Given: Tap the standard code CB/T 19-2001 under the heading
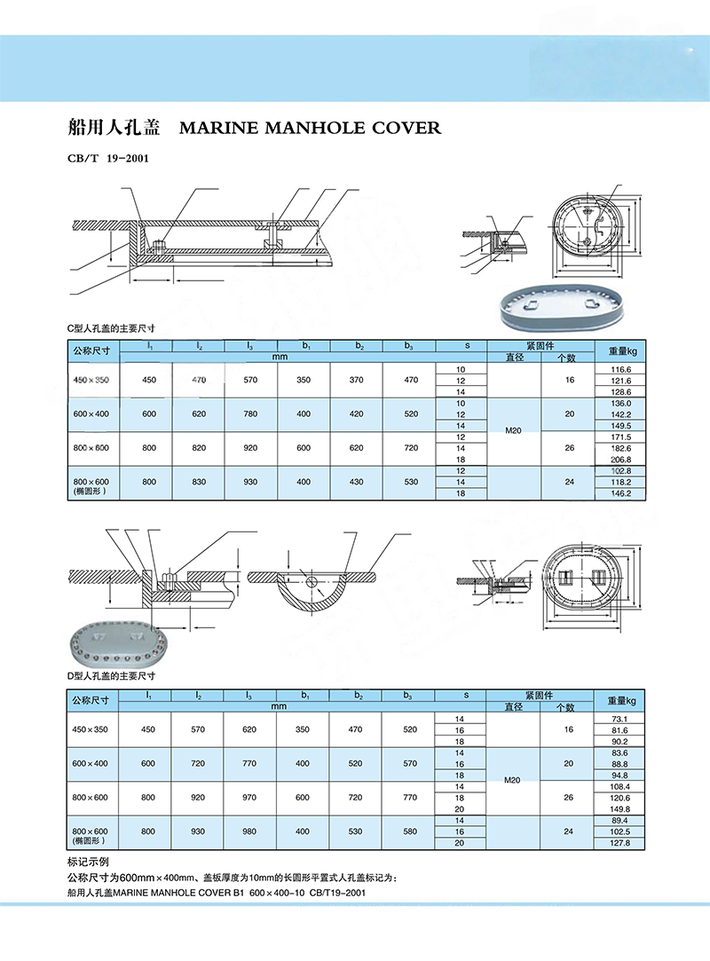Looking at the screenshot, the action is pos(108,158).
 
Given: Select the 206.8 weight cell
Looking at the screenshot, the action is pos(620,460).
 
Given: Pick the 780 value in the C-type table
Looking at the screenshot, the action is pos(250,414).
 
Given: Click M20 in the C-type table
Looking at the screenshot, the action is pos(513,431).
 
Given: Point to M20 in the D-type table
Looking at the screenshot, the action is pos(512,780).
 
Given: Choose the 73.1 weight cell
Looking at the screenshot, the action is pos(619,719).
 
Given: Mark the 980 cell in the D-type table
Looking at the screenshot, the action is pos(248,831).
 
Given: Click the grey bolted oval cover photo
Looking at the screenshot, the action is pos(115,644).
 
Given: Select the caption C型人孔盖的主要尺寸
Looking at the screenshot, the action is pos(111,328).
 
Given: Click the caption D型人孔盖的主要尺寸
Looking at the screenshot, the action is pos(111,676).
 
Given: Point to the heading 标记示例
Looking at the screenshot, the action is pos(88,862).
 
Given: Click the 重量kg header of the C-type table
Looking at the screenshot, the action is pos(622,351).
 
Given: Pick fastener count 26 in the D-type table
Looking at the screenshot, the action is pos(568,798).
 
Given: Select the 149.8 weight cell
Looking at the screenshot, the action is pos(619,809).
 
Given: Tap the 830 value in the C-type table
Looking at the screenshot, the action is pos(199,482).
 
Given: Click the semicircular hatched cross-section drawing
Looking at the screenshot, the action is pos(312,589).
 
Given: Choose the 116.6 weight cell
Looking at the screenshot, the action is pos(620,369).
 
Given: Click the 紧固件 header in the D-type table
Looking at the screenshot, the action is pos(540,696).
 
